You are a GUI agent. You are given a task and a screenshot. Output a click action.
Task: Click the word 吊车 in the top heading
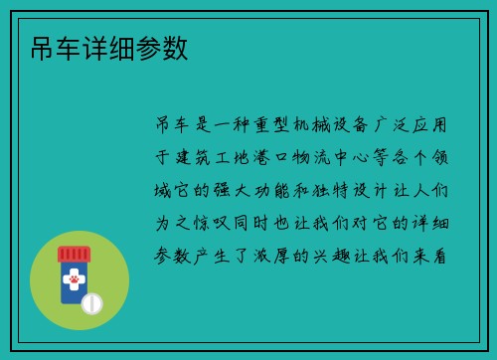[x=43, y=49]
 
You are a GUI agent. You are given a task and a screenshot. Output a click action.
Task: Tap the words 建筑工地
[x=211, y=156]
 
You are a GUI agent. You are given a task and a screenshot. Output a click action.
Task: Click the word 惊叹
[x=211, y=221]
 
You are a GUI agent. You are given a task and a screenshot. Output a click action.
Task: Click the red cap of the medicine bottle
[x=74, y=254]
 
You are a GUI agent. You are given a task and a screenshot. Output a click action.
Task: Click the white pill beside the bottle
[x=92, y=301]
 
